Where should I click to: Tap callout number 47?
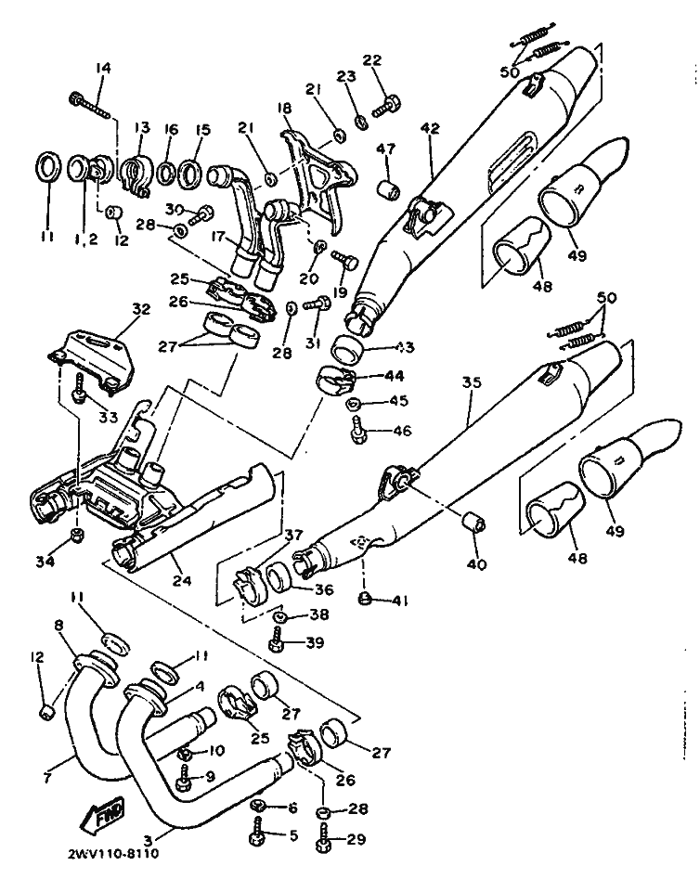[385, 149]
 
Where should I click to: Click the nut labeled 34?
[79, 536]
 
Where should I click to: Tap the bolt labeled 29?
[325, 843]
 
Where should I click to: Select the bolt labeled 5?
[257, 833]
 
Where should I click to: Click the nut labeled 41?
[366, 599]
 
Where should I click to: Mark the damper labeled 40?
[473, 521]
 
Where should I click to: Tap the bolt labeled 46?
[357, 430]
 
